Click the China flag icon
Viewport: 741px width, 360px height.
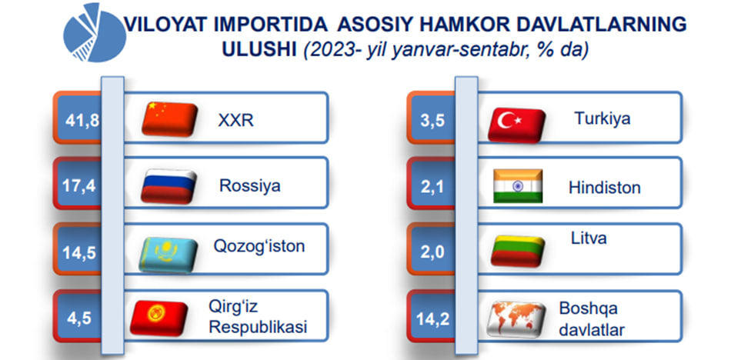[x=169, y=119]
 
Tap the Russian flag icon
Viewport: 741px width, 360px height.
[x=169, y=186]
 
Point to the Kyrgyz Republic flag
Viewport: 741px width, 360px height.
[x=159, y=318]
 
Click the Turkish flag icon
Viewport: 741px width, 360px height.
[x=516, y=125]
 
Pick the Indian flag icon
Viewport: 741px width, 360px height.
[x=518, y=186]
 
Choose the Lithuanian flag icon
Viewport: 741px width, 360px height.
[x=518, y=251]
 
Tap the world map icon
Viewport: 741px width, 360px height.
[x=516, y=319]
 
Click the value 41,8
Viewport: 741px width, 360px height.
[x=82, y=121]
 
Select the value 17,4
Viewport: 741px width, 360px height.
[x=79, y=185]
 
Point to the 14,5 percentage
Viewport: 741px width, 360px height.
[x=79, y=253]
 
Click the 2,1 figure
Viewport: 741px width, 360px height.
[x=432, y=186]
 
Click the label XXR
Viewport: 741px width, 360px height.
[x=235, y=120]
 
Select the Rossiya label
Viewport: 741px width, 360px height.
[x=249, y=185]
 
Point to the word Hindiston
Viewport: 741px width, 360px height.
[x=605, y=188]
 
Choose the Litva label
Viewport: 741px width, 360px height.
[x=589, y=238]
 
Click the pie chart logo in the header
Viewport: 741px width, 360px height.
[x=95, y=32]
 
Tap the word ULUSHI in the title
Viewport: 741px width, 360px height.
[x=259, y=50]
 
